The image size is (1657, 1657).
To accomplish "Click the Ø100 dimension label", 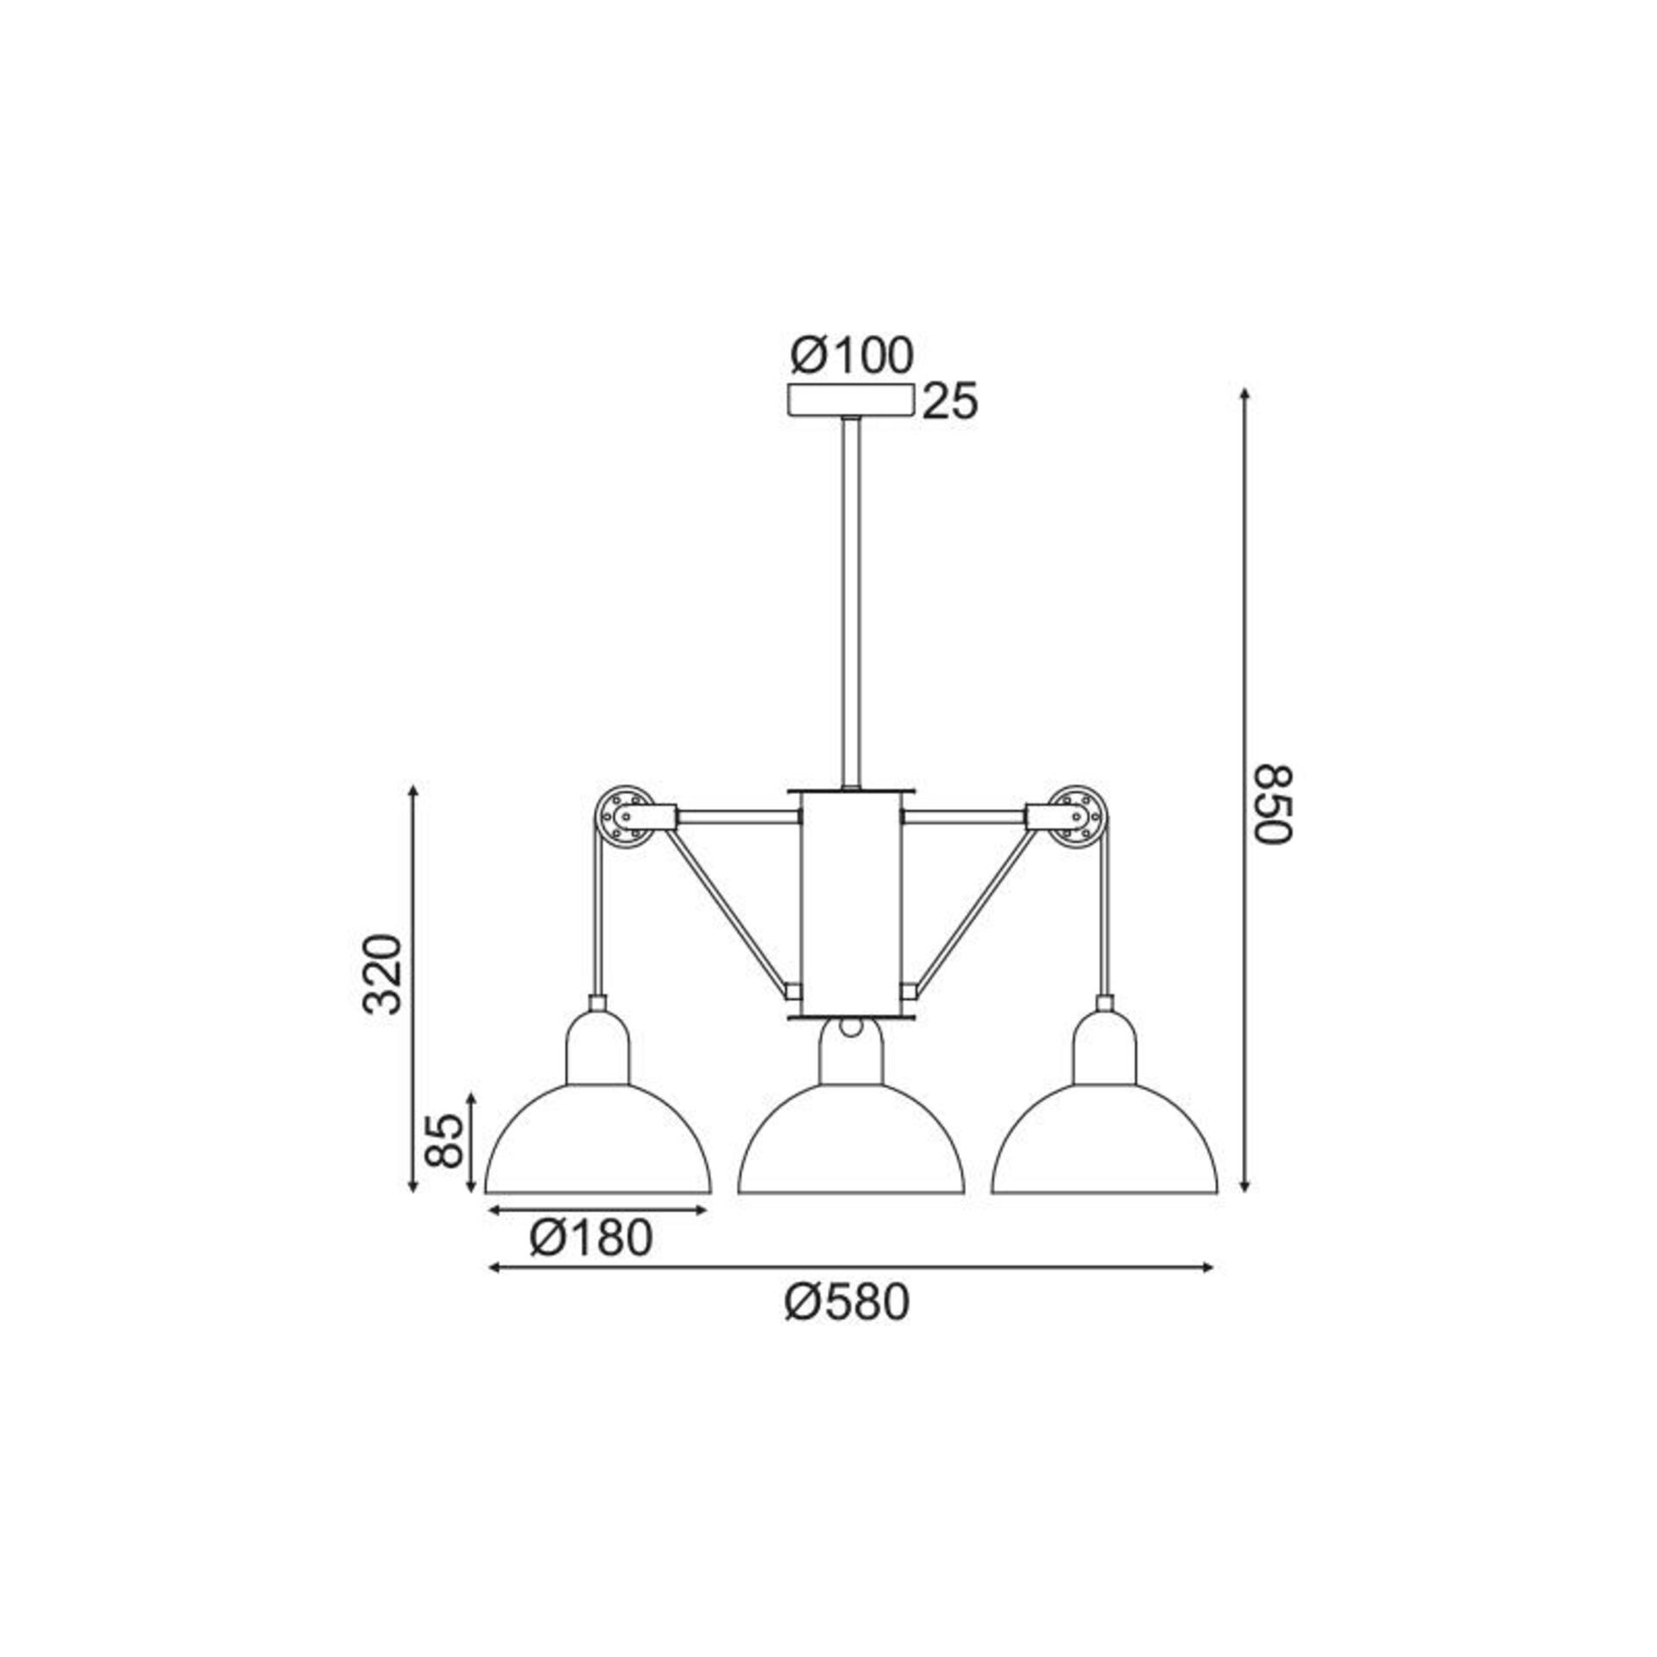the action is pyautogui.click(x=852, y=356).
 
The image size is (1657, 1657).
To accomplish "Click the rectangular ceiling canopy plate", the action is pyautogui.click(x=851, y=401).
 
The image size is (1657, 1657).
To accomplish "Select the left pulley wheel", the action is pyautogui.click(x=623, y=814).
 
